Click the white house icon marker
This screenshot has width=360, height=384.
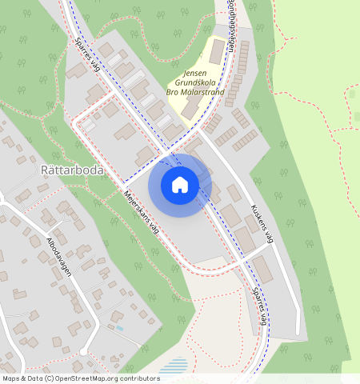pyautogui.click(x=180, y=185)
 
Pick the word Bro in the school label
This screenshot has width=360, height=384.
pyautogui.click(x=170, y=93)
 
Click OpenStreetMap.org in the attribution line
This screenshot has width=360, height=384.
pyautogui.click(x=85, y=378)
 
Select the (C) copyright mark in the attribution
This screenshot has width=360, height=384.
pyautogui.click(x=49, y=378)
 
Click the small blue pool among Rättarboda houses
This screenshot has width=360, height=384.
pyautogui.click(x=119, y=327)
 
